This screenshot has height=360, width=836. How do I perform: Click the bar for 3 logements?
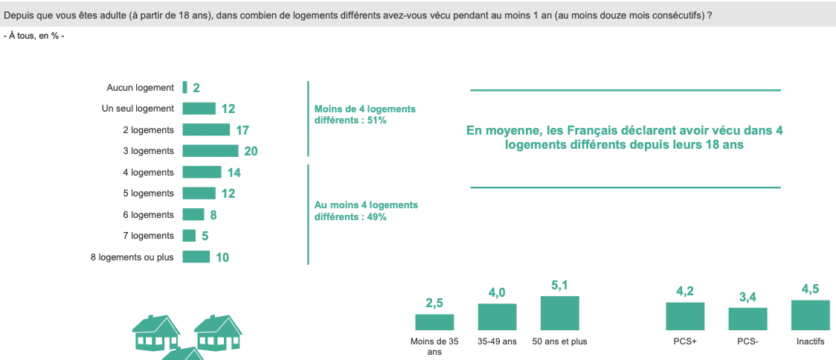point(210,151)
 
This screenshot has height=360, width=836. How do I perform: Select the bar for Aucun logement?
point(184,88)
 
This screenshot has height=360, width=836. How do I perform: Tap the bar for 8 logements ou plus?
point(196,257)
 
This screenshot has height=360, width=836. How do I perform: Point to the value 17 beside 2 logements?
point(242,130)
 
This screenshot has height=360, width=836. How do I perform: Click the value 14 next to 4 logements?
point(234,173)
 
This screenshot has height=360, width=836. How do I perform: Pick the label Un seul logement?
point(138,109)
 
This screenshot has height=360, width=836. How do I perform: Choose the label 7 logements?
point(148,236)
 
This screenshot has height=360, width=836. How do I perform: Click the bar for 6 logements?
point(193,215)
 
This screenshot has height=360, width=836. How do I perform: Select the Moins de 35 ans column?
point(434,321)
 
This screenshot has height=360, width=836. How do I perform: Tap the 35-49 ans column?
point(497,316)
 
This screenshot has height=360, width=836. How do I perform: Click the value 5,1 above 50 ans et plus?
point(559,285)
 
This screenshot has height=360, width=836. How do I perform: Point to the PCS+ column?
point(685,315)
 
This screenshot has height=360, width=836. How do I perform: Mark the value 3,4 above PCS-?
point(747,298)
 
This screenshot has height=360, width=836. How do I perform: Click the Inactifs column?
point(810,315)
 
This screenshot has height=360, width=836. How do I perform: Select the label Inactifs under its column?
point(810,341)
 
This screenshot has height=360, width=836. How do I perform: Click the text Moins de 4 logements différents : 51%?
point(364,114)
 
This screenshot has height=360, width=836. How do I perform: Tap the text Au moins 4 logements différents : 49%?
point(365,210)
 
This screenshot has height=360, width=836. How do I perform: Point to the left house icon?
point(155,332)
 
